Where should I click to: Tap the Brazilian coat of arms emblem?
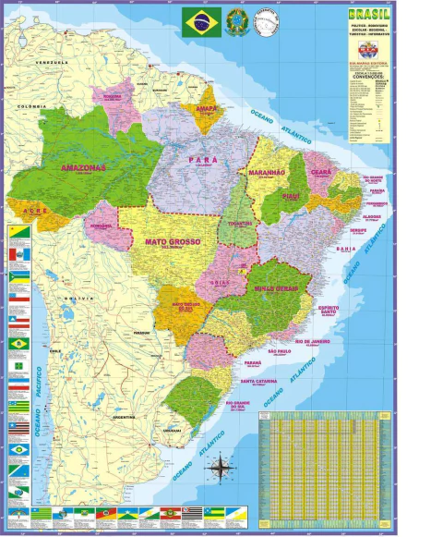pos(236,22)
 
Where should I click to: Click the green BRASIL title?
pos(368,16)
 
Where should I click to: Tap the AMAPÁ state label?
pos(208,108)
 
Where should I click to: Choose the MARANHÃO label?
pos(266,172)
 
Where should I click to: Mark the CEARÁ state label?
pos(320,172)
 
